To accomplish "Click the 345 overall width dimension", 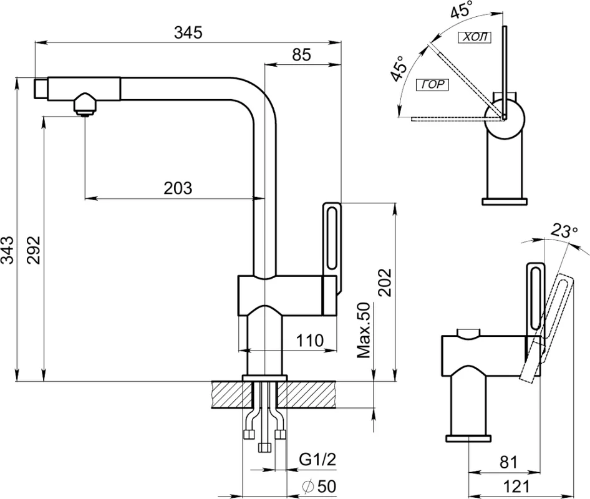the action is click(x=188, y=32).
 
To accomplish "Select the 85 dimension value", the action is click(x=302, y=55).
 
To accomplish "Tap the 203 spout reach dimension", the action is click(x=178, y=188).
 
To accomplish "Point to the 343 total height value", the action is click(x=8, y=250).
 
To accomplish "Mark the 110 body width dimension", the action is click(x=310, y=340).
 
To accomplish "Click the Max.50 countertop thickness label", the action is click(x=364, y=331).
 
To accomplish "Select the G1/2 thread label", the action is click(x=317, y=460).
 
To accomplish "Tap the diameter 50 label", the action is click(x=319, y=486).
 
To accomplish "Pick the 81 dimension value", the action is click(x=508, y=462).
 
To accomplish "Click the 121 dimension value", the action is click(x=516, y=487).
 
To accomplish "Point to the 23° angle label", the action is click(x=564, y=231).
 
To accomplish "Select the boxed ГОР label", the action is click(x=433, y=85).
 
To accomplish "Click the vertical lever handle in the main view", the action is click(x=332, y=248).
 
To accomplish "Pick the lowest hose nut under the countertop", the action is click(x=265, y=448).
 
